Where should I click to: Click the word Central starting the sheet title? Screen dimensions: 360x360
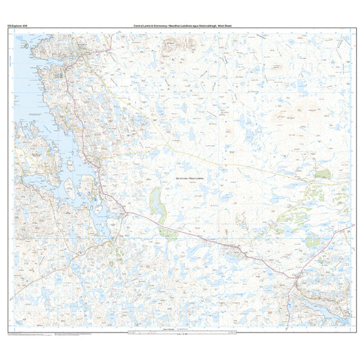(x=139, y=26)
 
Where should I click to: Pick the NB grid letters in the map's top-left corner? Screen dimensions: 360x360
(x=16, y=34)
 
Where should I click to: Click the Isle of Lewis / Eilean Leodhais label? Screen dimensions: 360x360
(x=190, y=178)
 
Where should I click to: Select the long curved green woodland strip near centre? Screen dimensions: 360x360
(x=156, y=204)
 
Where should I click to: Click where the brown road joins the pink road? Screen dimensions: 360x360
(x=124, y=211)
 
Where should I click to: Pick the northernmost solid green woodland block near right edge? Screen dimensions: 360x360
(x=323, y=173)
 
